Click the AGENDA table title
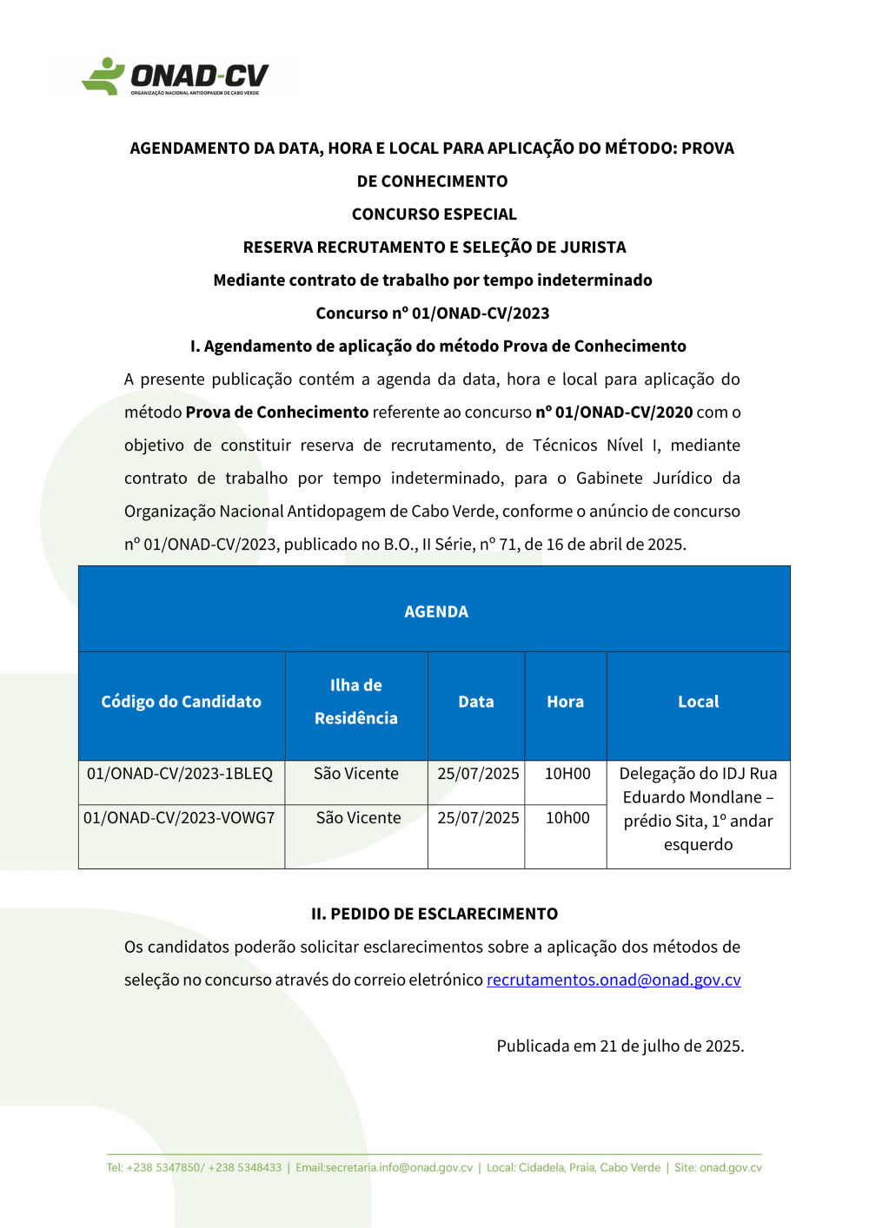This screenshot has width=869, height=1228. click(435, 611)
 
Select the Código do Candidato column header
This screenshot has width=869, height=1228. click(181, 702)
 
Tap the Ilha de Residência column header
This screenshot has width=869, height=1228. click(356, 702)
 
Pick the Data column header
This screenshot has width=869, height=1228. click(476, 702)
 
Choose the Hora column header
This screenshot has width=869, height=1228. click(565, 702)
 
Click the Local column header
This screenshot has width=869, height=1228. click(698, 702)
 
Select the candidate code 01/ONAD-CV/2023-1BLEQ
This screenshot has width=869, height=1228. click(180, 774)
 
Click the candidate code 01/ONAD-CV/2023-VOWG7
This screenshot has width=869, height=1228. click(179, 818)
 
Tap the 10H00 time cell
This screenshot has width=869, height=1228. click(567, 774)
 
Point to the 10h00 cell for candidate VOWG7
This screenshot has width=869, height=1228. click(567, 818)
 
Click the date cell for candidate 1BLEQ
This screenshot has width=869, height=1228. click(478, 774)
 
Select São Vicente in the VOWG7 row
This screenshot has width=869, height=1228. click(358, 818)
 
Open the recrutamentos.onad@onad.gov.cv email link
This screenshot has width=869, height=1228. click(614, 980)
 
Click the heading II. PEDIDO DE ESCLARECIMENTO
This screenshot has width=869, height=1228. click(434, 914)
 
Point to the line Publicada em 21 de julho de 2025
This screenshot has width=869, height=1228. click(620, 1046)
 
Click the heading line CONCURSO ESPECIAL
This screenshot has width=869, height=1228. click(434, 215)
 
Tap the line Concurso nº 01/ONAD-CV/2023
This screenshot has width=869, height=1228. click(432, 314)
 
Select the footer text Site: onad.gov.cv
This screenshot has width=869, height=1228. click(718, 1168)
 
